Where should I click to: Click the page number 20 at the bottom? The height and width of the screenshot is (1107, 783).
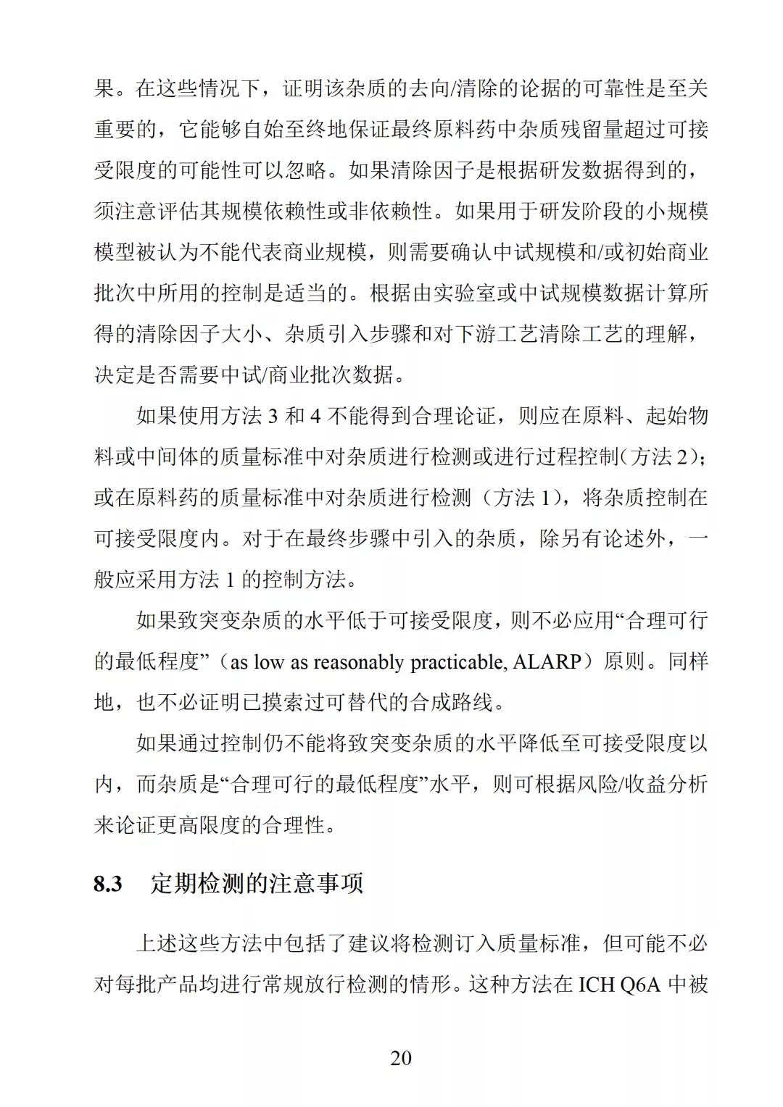401,1058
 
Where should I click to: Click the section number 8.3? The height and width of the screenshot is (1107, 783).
108,884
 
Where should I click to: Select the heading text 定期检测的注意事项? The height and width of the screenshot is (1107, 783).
257,884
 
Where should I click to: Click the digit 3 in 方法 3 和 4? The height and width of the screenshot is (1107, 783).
273,417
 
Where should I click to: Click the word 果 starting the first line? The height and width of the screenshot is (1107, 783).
104,89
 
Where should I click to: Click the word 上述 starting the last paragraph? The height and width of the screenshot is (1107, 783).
157,943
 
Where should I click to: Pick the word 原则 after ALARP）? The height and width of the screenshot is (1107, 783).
623,661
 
